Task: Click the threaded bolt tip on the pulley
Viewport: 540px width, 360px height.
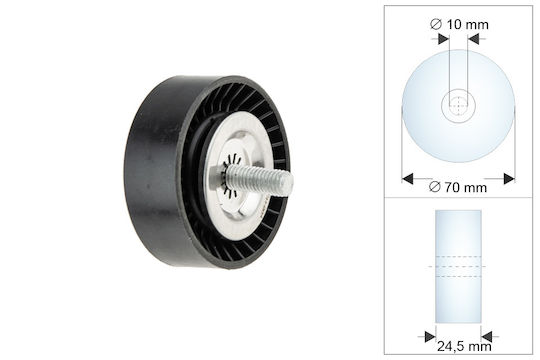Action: pyautogui.click(x=289, y=184)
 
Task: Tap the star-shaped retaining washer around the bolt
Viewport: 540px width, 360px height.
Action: pyautogui.click(x=231, y=177)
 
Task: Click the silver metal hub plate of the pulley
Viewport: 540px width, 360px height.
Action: pyautogui.click(x=237, y=176)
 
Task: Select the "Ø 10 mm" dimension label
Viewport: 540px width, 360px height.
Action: pyautogui.click(x=459, y=24)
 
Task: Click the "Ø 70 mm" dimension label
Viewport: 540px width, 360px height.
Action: pyautogui.click(x=458, y=187)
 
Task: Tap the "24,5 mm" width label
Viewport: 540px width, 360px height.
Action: pyautogui.click(x=464, y=346)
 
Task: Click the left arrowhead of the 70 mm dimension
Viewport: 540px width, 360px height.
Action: pyautogui.click(x=407, y=179)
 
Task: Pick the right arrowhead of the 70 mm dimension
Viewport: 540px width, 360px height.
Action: pyautogui.click(x=509, y=179)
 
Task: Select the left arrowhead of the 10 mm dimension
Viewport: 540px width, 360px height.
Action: pyautogui.click(x=444, y=39)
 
